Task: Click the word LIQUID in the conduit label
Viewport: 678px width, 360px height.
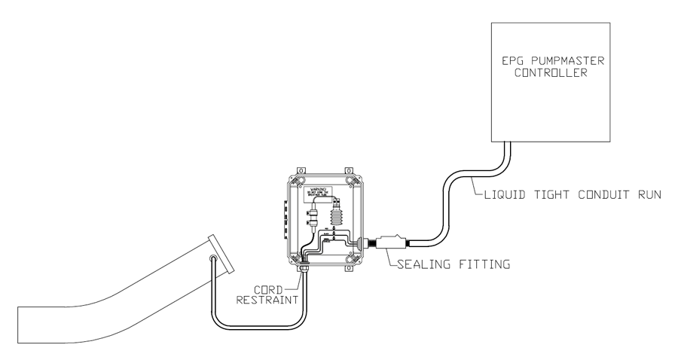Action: tap(500, 195)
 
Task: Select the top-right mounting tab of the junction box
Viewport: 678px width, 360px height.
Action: tap(348, 169)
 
